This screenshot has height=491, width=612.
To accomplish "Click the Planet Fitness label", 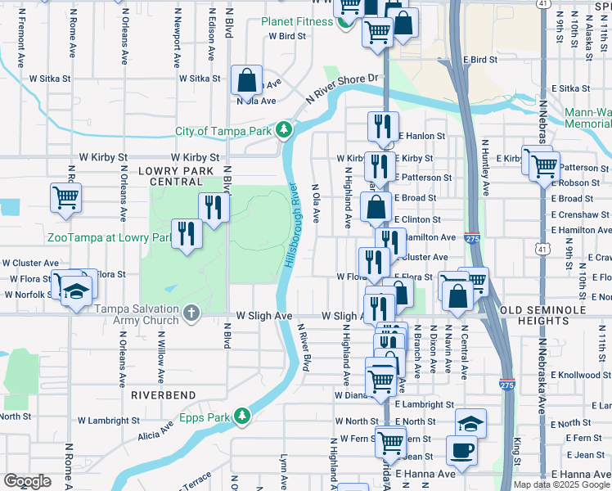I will pyautogui.click(x=297, y=21).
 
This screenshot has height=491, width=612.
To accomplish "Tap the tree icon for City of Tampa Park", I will pyautogui.click(x=284, y=130).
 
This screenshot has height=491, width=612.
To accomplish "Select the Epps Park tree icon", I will pyautogui.click(x=242, y=417).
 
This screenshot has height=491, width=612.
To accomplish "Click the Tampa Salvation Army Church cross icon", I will pyautogui.click(x=191, y=313).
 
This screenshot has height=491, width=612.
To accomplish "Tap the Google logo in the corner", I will pyautogui.click(x=27, y=480).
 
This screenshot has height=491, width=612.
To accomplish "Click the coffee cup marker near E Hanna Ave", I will pyautogui.click(x=461, y=450).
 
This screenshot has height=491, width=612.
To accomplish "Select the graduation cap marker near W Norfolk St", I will pyautogui.click(x=76, y=292).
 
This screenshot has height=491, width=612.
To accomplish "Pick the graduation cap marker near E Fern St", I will pyautogui.click(x=470, y=424).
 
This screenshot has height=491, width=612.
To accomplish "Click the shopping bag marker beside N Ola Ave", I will pyautogui.click(x=246, y=80).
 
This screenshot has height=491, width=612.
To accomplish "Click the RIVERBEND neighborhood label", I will pyautogui.click(x=163, y=394).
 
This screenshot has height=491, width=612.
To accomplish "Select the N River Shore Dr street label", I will pyautogui.click(x=344, y=85).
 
